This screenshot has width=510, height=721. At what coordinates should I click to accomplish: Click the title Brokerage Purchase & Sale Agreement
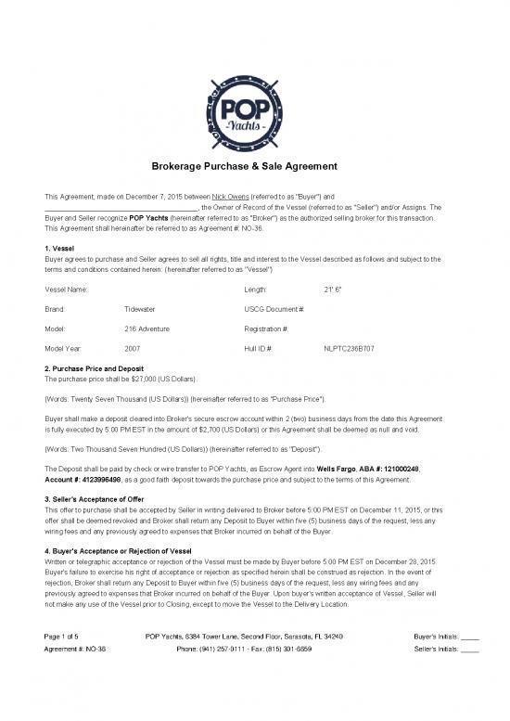(x=254, y=166)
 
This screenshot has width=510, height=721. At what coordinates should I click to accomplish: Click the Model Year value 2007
(x=132, y=349)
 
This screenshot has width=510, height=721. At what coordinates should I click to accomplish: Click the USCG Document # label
(x=274, y=309)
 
